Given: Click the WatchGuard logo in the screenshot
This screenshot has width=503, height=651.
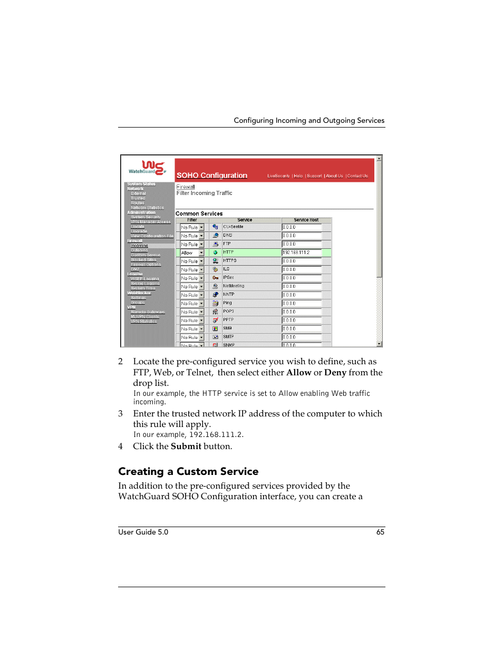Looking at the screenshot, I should coord(147,168).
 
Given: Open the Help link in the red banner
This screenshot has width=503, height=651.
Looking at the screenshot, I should coord(298,176).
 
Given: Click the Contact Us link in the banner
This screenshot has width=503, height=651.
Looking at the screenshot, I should coord(357,176).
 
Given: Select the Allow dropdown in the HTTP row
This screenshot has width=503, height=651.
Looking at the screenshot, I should coord(192,253).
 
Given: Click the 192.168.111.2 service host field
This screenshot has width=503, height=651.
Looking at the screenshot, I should coord(301,252).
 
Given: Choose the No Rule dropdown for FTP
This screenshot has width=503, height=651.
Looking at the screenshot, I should coord(192,245).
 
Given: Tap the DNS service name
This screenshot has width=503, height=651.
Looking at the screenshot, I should coord(227,235).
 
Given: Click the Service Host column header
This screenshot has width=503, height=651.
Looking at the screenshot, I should coord(306,220).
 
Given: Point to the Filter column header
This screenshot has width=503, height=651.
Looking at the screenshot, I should coord(192,220).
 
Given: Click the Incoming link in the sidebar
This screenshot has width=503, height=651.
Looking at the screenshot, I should coord(139,246).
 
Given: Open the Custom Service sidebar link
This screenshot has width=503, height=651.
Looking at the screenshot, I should coord(145,255).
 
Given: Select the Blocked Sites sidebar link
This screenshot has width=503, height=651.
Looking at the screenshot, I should coord(143,260).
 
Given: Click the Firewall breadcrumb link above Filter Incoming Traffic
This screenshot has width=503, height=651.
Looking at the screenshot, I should coord(186,187).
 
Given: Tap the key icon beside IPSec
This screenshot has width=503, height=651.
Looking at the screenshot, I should coord(215,278).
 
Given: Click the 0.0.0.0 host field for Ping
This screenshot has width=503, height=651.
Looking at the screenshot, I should coord(301,303).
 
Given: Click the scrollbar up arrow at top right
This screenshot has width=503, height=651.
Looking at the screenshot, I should coord(379,159).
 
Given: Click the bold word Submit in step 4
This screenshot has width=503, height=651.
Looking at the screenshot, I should coord(186,446).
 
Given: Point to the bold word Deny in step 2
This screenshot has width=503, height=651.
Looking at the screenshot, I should coord(335,372).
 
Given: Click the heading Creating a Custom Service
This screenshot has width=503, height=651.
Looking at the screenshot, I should coord(188,471).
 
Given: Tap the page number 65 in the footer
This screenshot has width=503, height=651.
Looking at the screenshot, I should coord(380,532).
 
